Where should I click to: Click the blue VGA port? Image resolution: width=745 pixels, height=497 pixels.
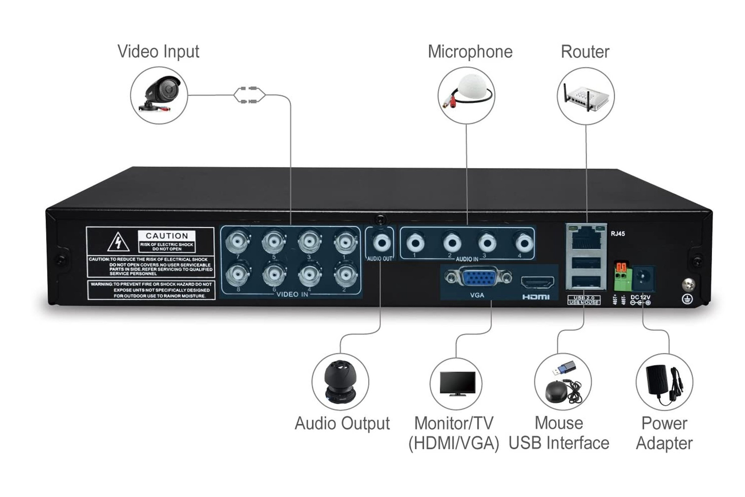click(478, 278)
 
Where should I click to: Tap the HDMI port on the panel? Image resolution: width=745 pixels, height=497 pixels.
click(537, 282)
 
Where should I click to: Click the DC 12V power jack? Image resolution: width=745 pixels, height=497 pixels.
click(645, 279)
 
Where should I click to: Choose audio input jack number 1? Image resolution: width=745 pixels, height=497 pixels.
click(415, 243)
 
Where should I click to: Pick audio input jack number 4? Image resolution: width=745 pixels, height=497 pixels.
click(523, 243)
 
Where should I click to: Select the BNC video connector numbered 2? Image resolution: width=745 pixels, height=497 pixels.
click(345, 275)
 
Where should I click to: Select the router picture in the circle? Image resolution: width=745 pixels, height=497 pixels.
click(586, 96)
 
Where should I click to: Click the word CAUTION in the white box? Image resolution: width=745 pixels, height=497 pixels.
click(167, 236)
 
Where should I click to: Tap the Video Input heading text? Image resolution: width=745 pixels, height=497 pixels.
click(158, 51)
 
